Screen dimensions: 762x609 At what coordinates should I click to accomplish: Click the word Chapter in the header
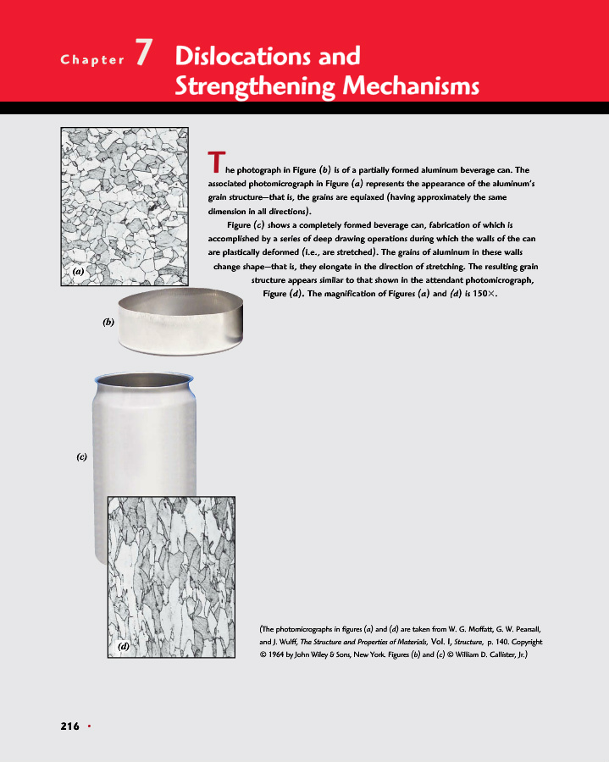tap(91, 60)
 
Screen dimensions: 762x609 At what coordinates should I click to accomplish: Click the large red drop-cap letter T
tap(215, 159)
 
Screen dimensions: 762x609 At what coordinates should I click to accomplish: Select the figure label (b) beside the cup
tap(108, 323)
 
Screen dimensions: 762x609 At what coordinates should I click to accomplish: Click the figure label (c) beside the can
tap(81, 456)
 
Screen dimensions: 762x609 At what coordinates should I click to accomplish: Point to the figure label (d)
tap(124, 646)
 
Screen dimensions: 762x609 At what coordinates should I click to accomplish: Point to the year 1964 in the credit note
tap(281, 655)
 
